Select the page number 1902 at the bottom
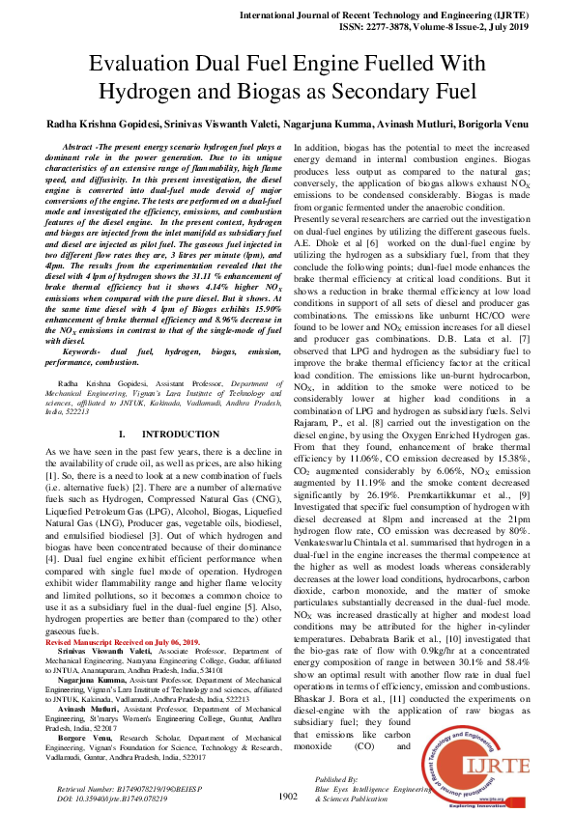[287, 796]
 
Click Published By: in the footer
[336, 777]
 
